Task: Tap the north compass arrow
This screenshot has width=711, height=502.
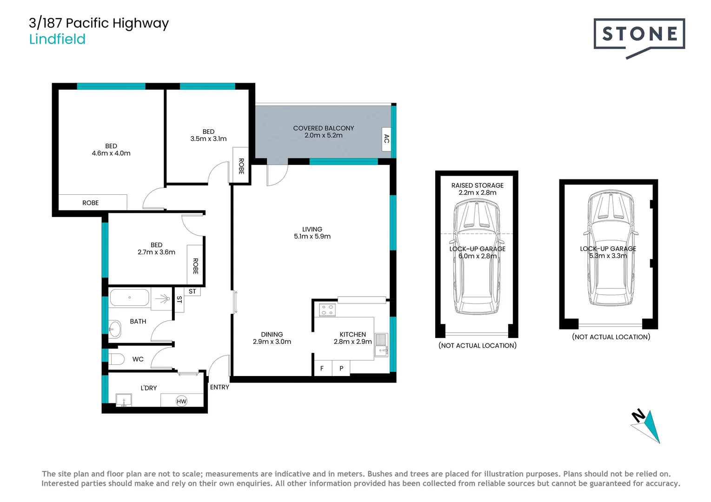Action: pyautogui.click(x=647, y=425)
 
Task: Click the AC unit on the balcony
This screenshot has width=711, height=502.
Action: pyautogui.click(x=386, y=138)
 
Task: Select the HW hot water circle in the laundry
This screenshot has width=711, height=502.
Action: pyautogui.click(x=181, y=401)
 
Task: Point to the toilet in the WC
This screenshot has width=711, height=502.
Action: pyautogui.click(x=117, y=359)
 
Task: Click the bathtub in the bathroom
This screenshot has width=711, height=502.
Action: pyautogui.click(x=130, y=297)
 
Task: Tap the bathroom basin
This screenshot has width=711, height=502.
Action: pyautogui.click(x=114, y=329)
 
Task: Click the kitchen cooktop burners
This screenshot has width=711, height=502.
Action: pyautogui.click(x=327, y=310)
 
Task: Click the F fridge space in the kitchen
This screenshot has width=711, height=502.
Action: pyautogui.click(x=322, y=368)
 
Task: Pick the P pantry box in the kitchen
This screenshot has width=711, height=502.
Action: pyautogui.click(x=341, y=368)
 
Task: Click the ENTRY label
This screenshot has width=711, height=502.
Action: pyautogui.click(x=219, y=387)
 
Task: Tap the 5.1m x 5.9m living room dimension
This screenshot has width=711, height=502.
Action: pyautogui.click(x=312, y=237)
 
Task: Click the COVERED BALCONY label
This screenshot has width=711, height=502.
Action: pyautogui.click(x=323, y=128)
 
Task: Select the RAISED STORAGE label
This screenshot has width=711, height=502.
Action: pyautogui.click(x=477, y=185)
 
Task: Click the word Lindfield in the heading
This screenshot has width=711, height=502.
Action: pyautogui.click(x=57, y=39)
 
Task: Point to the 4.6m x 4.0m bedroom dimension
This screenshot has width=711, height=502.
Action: pyautogui.click(x=111, y=153)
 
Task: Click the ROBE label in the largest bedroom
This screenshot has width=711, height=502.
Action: pyautogui.click(x=90, y=203)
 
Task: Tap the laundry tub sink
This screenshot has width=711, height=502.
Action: pyautogui.click(x=124, y=400)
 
